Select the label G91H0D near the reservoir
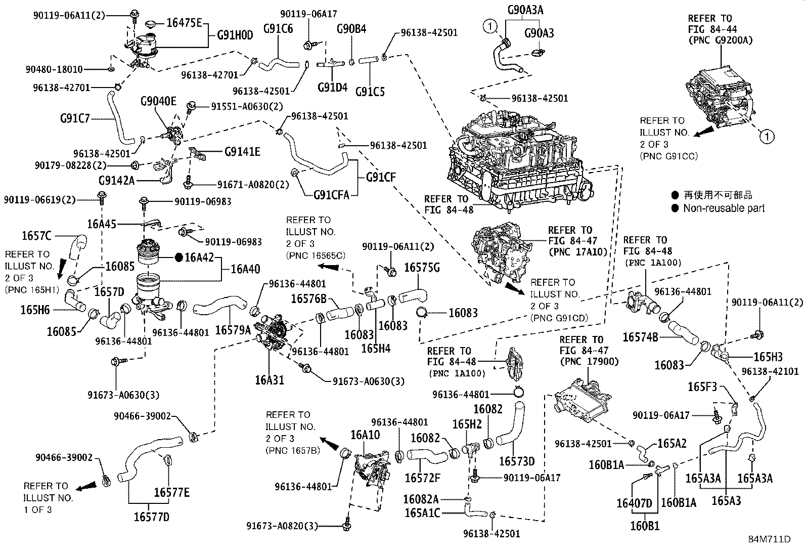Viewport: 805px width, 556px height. click(235, 35)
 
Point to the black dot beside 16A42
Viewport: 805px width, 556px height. click(178, 257)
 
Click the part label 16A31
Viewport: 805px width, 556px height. click(270, 379)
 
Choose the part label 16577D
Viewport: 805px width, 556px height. click(151, 517)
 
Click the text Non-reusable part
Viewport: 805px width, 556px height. click(724, 208)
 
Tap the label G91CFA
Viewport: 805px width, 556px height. click(331, 195)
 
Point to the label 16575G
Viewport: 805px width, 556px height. click(422, 267)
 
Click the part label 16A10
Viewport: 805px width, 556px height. click(366, 435)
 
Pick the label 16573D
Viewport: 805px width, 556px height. click(516, 461)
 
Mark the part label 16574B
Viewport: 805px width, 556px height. click(640, 337)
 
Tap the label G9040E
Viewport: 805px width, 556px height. click(158, 102)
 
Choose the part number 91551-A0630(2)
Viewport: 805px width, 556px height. click(247, 107)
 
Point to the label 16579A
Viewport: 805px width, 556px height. click(233, 330)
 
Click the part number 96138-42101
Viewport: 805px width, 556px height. click(772, 371)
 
